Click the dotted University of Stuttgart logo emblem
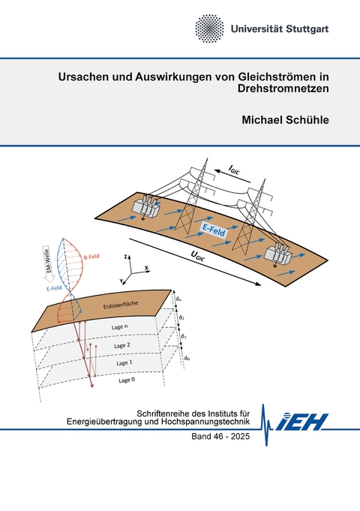coord(209,28)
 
